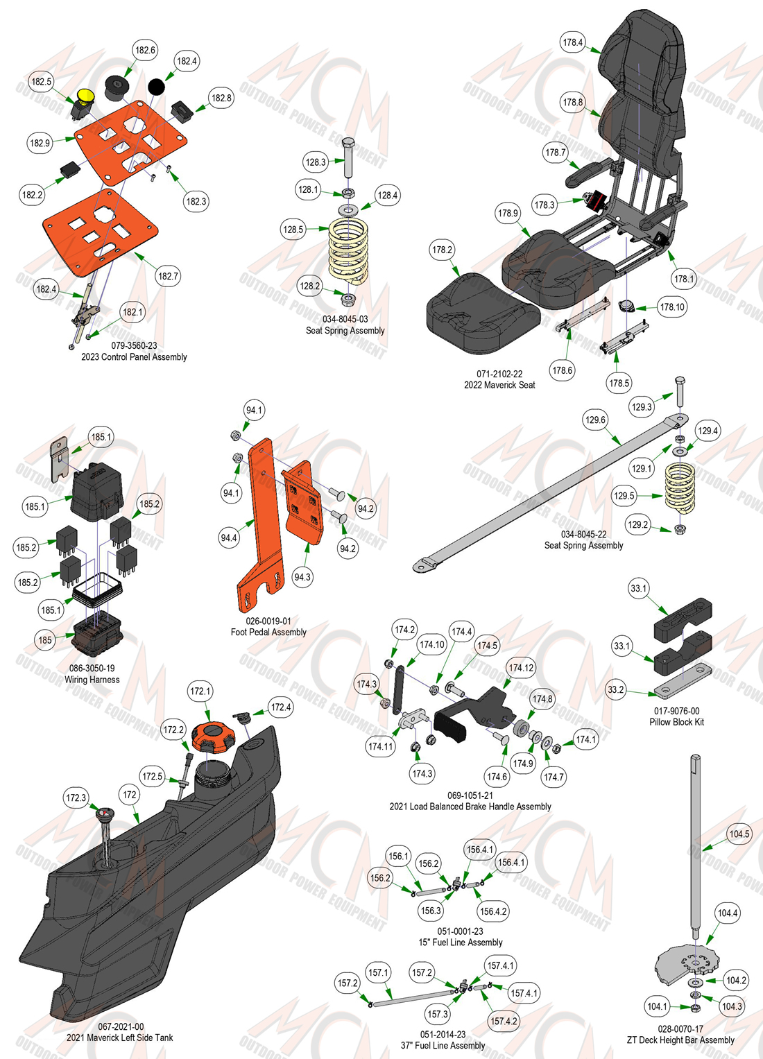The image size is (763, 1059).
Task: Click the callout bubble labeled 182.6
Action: click(x=145, y=50)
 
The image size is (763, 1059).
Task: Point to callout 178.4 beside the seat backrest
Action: click(x=572, y=42)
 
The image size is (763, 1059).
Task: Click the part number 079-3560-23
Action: click(x=134, y=345)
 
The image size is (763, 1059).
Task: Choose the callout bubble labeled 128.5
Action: click(x=293, y=230)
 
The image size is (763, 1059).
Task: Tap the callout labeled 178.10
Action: click(x=671, y=307)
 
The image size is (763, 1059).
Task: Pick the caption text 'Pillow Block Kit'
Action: click(x=676, y=722)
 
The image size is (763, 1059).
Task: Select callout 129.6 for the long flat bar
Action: click(x=595, y=420)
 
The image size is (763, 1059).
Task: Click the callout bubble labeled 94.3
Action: click(x=302, y=577)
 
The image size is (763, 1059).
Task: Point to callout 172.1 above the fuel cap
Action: click(x=200, y=691)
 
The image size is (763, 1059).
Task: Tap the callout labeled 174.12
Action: click(x=521, y=668)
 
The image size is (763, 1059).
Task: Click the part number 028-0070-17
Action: click(x=680, y=1028)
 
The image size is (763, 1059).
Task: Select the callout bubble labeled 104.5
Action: click(x=739, y=834)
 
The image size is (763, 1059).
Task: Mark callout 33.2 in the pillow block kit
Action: click(x=615, y=690)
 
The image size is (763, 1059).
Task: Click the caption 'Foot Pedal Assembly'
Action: click(x=268, y=632)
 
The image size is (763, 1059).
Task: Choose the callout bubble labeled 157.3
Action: click(x=437, y=1014)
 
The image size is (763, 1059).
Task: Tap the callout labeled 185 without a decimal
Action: click(x=45, y=640)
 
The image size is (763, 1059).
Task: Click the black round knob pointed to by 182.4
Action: click(x=157, y=87)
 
